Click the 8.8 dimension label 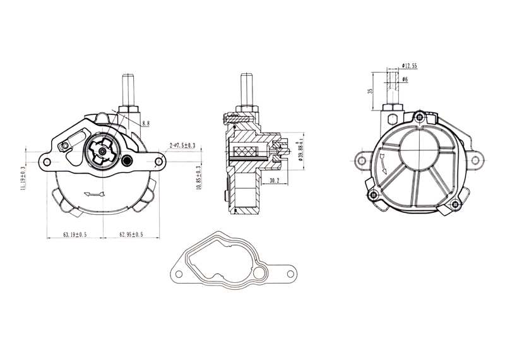(x=146, y=122)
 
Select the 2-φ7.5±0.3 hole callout (x=182, y=146)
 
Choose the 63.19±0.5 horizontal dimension (x=74, y=234)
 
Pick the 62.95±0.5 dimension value (x=131, y=234)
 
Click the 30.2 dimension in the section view (x=274, y=181)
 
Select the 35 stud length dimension (x=371, y=90)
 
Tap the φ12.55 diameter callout (x=410, y=65)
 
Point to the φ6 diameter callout (x=405, y=78)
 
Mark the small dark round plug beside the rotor (x=128, y=160)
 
